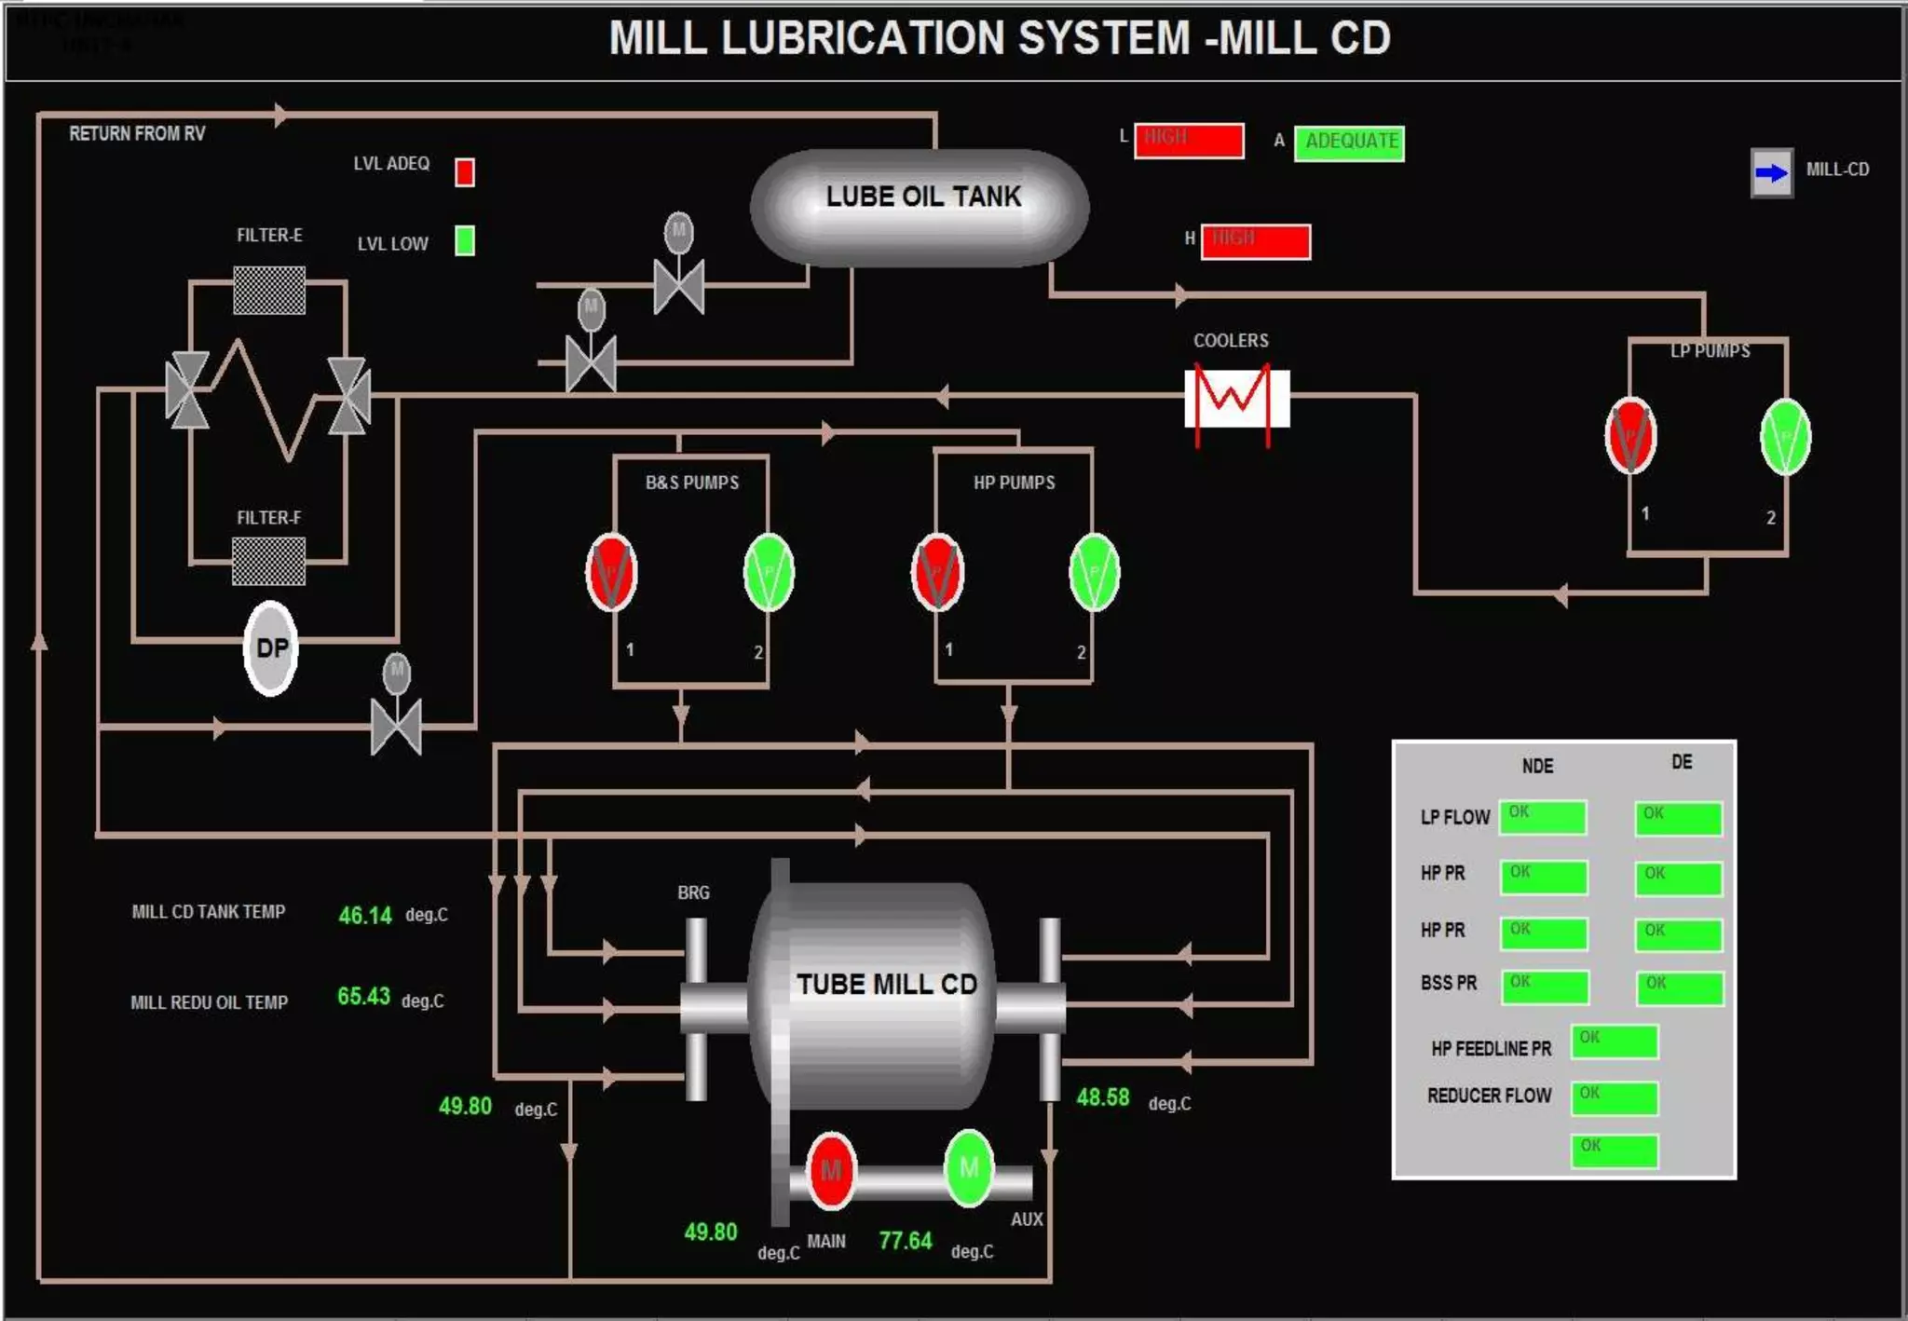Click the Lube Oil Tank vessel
coord(920,208)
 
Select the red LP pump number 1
coord(1630,436)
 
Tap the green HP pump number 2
coord(1094,572)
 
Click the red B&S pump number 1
coord(611,572)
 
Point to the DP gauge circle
coord(271,647)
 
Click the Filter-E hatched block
coord(269,290)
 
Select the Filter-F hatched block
coord(268,561)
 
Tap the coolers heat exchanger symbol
coord(1236,399)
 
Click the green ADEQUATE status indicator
coord(1349,143)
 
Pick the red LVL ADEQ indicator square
coord(465,172)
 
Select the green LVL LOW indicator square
coord(465,240)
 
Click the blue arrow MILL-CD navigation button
coord(1771,172)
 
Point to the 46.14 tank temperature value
coord(364,915)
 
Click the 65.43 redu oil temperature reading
coord(363,997)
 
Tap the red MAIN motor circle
coord(831,1169)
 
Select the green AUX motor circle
coord(969,1167)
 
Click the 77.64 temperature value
coord(905,1241)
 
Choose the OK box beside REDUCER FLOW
coord(1615,1097)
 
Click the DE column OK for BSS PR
coord(1680,987)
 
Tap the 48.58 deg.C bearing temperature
coord(1103,1097)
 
